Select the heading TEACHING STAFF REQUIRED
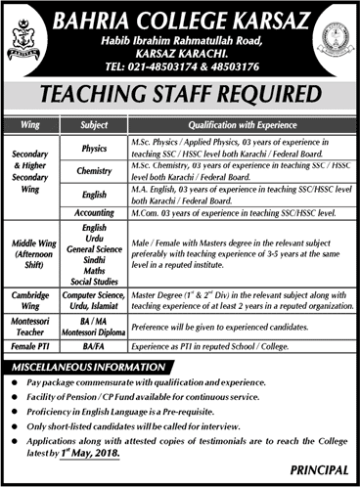(180, 96)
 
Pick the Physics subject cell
(95, 146)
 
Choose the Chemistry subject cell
(95, 171)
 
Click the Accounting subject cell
(95, 210)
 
